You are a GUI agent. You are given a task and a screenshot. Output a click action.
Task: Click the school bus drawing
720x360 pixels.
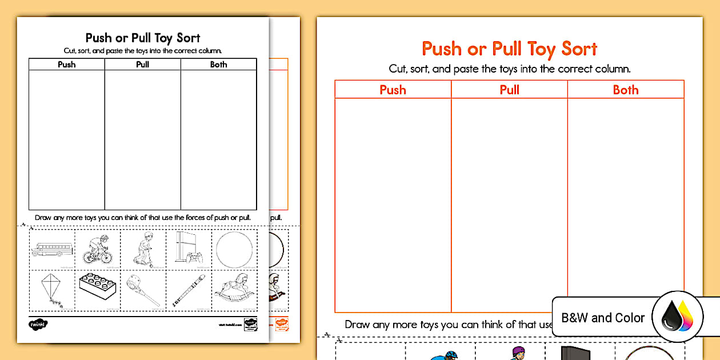[51, 249]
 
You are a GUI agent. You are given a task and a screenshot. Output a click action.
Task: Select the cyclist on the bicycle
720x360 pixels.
[97, 250]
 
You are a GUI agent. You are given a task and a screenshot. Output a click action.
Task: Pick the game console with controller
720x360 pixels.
[189, 249]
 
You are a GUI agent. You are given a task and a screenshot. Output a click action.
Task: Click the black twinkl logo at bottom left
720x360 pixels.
[38, 324]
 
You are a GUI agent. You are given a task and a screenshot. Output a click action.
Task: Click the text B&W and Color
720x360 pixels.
[603, 318]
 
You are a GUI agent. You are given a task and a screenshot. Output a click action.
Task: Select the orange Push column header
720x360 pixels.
[393, 90]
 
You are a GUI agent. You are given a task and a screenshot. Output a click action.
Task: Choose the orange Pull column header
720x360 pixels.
[509, 90]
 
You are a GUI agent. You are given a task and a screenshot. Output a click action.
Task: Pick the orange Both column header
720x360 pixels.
[626, 90]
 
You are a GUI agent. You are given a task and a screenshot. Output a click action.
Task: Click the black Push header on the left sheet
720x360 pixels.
[66, 65]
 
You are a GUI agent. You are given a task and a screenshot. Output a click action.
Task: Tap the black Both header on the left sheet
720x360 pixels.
[218, 65]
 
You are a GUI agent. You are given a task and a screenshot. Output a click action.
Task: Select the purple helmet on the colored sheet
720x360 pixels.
[518, 351]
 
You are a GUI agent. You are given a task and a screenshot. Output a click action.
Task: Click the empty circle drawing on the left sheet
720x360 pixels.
[234, 250]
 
